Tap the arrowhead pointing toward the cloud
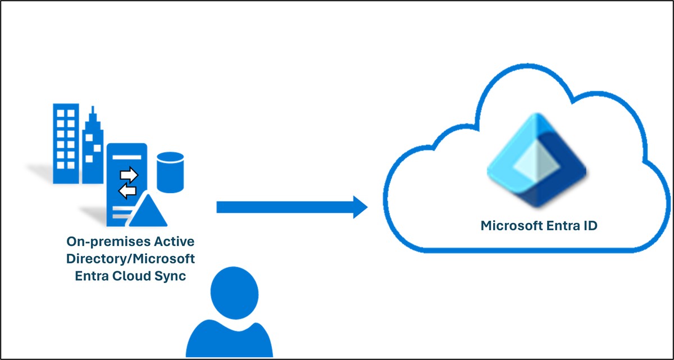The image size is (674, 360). [359, 207]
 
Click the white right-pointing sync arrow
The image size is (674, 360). [129, 175]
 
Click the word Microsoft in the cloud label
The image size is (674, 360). [507, 226]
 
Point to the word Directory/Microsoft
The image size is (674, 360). [130, 259]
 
